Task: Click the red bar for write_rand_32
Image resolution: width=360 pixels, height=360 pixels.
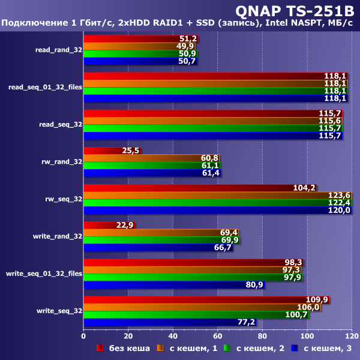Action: (109, 225)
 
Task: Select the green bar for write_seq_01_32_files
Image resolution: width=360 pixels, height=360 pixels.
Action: (192, 277)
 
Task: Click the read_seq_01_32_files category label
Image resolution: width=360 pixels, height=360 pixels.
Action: (45, 87)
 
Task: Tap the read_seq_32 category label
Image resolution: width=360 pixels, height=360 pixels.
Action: (59, 124)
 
